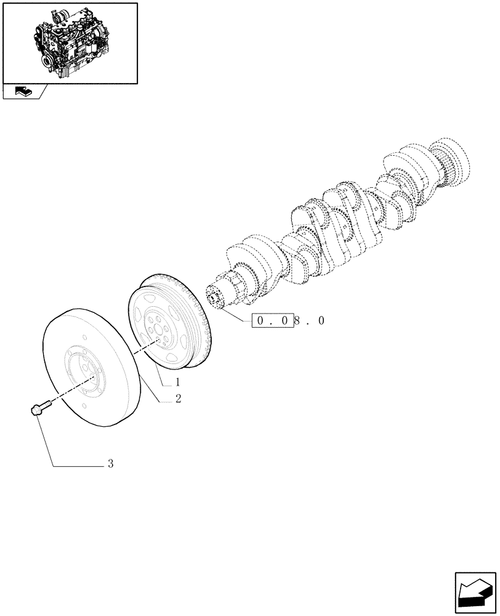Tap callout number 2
point(178,399)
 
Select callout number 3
point(111,464)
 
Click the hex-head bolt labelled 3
point(37,409)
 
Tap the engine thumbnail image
point(70,43)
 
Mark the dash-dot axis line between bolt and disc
point(65,394)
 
